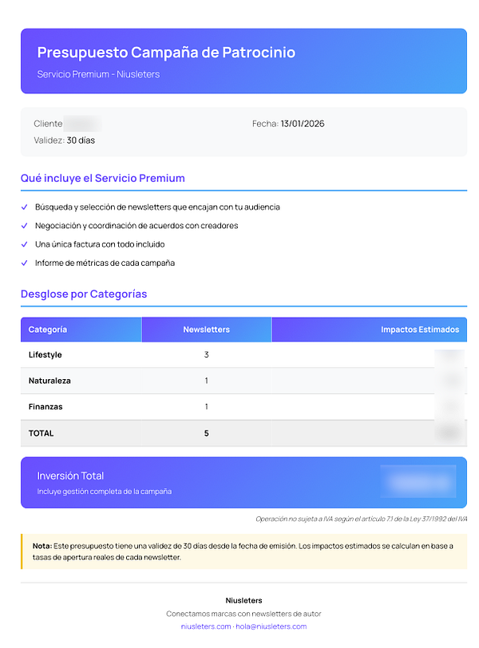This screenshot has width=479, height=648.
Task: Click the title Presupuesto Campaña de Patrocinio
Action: [x=166, y=53]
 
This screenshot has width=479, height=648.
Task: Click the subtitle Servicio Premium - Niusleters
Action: [x=98, y=74]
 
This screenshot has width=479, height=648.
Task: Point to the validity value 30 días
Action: [x=81, y=140]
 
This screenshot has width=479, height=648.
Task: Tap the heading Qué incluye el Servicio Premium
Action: [x=102, y=178]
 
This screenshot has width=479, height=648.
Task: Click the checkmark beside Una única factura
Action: [x=25, y=244]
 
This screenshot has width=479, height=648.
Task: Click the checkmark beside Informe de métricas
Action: [x=25, y=263]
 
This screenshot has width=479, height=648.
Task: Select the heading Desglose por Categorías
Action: [x=84, y=294]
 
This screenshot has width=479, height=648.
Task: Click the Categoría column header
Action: [x=48, y=330]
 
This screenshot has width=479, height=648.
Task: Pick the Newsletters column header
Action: [x=206, y=330]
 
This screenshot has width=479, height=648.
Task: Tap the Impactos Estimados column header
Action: [x=420, y=330]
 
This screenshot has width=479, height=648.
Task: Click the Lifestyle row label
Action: [x=45, y=355]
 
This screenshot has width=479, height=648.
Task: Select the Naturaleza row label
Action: [x=49, y=381]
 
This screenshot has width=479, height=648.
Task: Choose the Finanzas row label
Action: [x=46, y=407]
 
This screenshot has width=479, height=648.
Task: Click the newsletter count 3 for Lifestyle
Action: [x=206, y=355]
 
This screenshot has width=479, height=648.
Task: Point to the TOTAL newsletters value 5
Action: [x=206, y=433]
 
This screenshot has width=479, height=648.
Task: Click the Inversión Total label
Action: [x=70, y=476]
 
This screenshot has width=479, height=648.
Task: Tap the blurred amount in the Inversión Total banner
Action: [x=418, y=482]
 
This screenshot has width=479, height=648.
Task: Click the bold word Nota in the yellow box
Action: [x=42, y=546]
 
